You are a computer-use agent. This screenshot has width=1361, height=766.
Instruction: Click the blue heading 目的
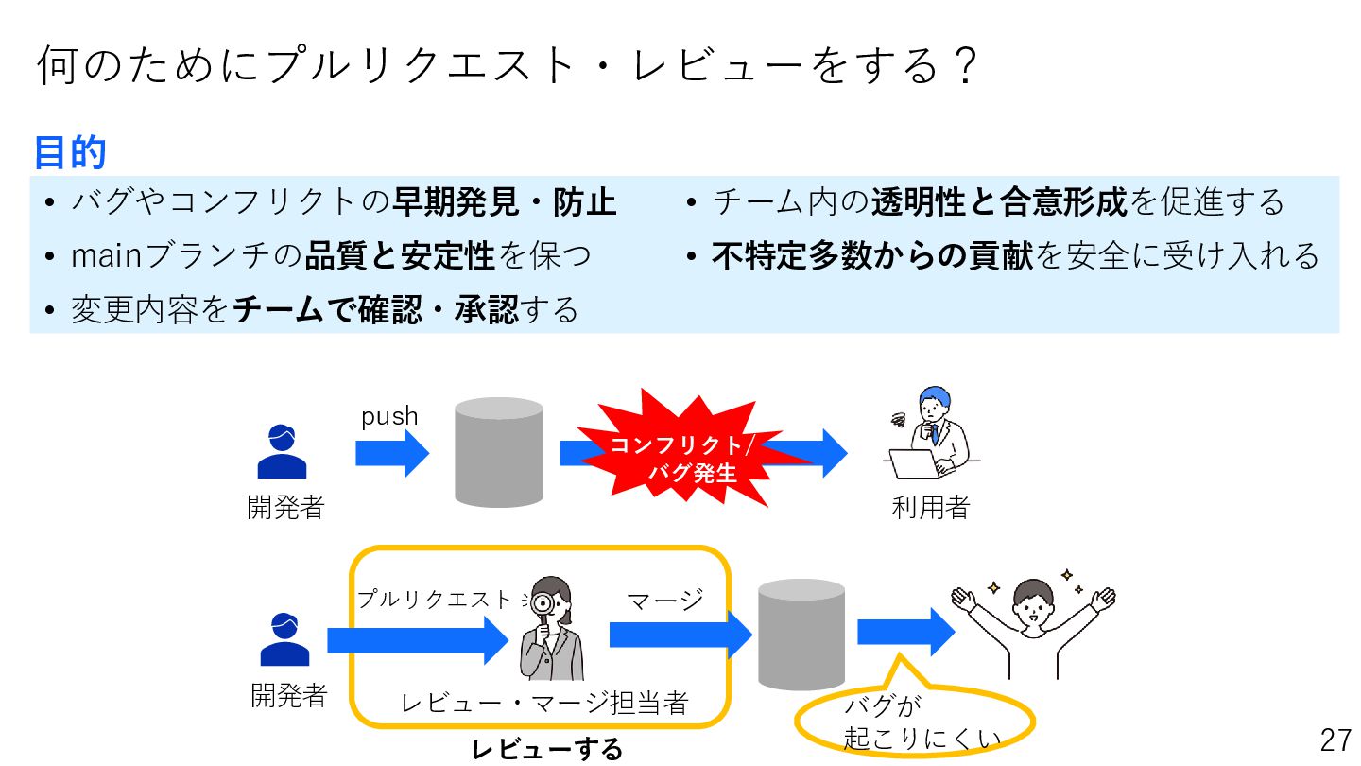(70, 152)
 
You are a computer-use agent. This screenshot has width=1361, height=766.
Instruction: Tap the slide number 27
(1335, 740)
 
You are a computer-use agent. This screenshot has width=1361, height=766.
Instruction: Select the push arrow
(391, 454)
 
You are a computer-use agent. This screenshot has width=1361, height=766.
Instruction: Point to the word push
(389, 417)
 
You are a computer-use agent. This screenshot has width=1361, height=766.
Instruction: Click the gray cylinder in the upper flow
(498, 452)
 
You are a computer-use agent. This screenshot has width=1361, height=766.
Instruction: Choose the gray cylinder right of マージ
(801, 635)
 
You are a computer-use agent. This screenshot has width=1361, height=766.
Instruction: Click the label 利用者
(931, 508)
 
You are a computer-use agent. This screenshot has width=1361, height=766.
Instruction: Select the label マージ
(665, 600)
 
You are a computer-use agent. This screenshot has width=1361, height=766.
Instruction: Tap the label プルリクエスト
(434, 600)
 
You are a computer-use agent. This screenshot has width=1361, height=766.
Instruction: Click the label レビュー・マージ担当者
(543, 703)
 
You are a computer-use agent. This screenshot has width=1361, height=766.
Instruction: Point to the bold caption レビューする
(547, 750)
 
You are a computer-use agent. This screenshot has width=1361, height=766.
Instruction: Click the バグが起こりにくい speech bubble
(914, 723)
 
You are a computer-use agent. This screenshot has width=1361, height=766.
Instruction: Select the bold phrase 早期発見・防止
(504, 201)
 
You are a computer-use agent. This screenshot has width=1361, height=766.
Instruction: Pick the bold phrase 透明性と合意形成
(999, 201)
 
